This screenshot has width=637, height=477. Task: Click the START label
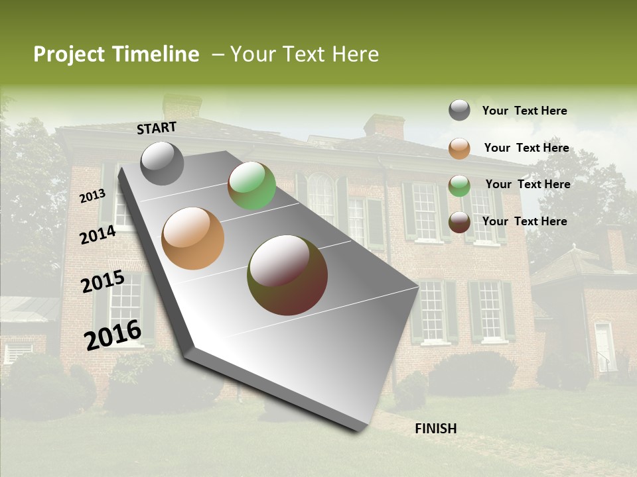pyautogui.click(x=157, y=128)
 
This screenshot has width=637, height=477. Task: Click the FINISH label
pyautogui.click(x=435, y=429)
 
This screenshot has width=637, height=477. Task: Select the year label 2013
pyautogui.click(x=93, y=196)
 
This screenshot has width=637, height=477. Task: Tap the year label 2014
pyautogui.click(x=98, y=235)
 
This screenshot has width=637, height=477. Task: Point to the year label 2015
pyautogui.click(x=103, y=282)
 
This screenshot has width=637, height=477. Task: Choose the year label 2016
pyautogui.click(x=113, y=335)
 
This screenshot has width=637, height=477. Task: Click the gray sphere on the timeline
pyautogui.click(x=163, y=163)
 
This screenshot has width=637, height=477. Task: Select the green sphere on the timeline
pyautogui.click(x=251, y=185)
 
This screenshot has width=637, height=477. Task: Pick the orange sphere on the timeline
pyautogui.click(x=193, y=238)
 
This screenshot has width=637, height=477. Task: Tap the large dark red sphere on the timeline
pyautogui.click(x=287, y=275)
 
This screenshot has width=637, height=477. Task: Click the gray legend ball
pyautogui.click(x=459, y=110)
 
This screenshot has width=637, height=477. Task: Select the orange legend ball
pyautogui.click(x=459, y=148)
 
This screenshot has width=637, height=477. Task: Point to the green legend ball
pyautogui.click(x=459, y=185)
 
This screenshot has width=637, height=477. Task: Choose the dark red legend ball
pyautogui.click(x=459, y=221)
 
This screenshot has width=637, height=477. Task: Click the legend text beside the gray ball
pyautogui.click(x=524, y=111)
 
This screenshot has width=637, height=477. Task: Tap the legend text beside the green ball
pyautogui.click(x=528, y=184)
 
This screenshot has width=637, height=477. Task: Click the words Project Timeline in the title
pyautogui.click(x=116, y=54)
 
